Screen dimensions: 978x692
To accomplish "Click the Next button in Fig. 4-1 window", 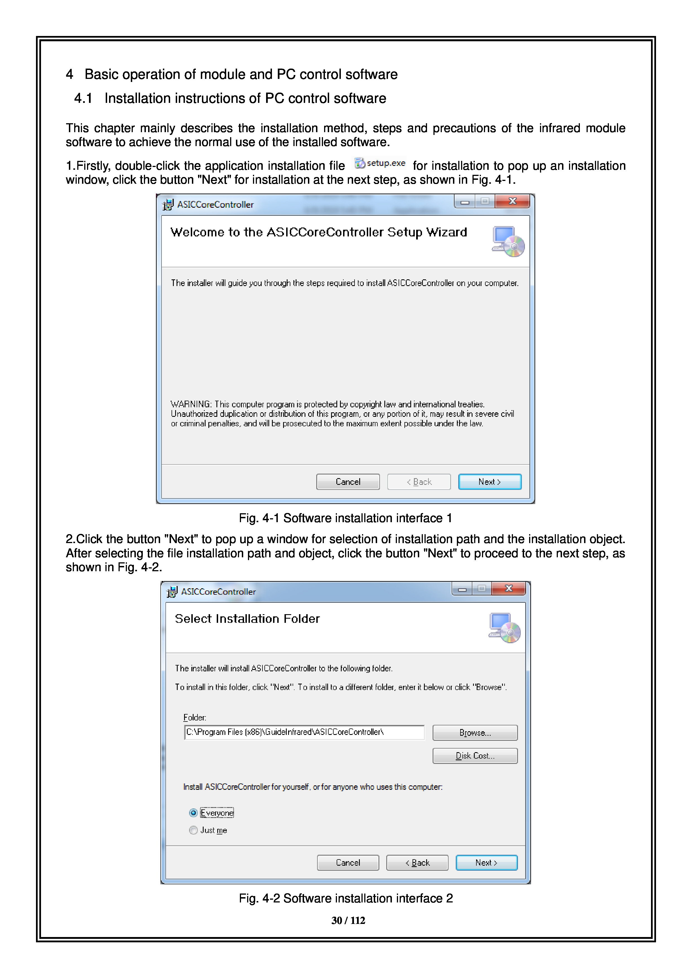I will (490, 482).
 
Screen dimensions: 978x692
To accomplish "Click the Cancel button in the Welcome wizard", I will (348, 482).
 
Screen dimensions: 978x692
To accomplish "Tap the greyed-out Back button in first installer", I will (419, 482).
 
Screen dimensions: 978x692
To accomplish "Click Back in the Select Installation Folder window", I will (417, 863).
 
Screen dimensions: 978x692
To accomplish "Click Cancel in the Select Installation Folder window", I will (348, 863).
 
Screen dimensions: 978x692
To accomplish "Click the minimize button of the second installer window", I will (462, 589).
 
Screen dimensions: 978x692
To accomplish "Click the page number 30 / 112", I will (348, 921).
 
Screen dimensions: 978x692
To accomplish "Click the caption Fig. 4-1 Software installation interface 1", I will (346, 518).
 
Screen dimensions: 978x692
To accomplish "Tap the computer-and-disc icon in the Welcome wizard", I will (508, 241).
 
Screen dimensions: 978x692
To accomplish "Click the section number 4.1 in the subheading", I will (83, 98).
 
